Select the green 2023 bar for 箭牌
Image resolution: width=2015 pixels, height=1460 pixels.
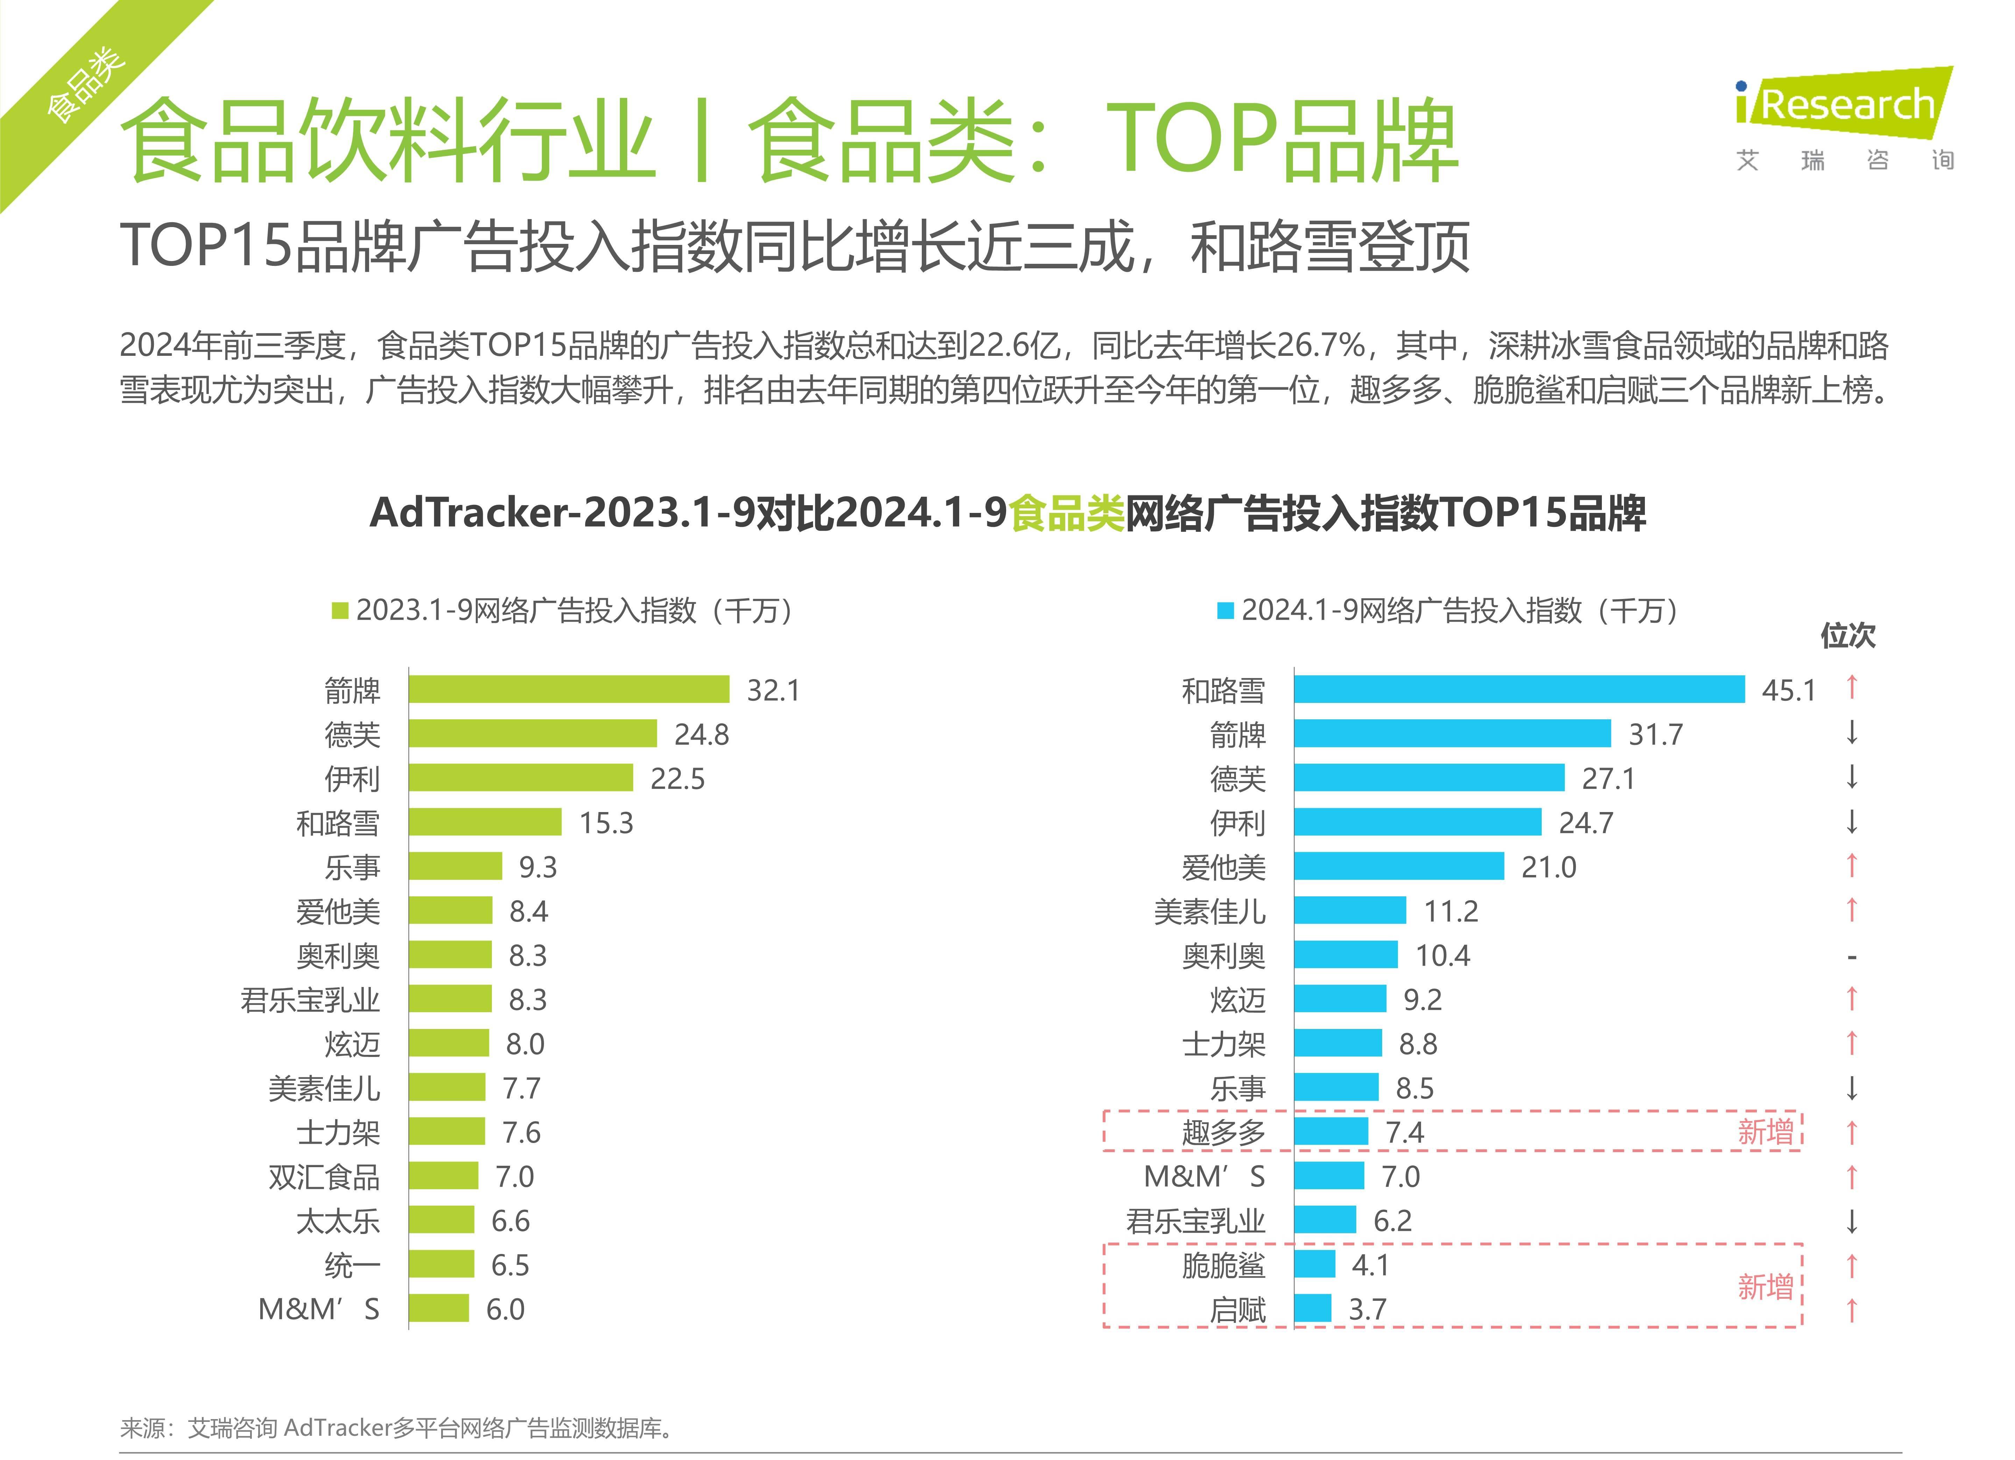click(x=568, y=690)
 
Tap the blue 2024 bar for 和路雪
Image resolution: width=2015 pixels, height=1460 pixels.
click(x=1519, y=690)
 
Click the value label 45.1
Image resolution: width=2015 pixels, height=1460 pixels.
click(x=1788, y=690)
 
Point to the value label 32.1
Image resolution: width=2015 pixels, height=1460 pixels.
click(x=773, y=690)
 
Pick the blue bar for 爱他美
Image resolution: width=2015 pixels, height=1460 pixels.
click(x=1399, y=866)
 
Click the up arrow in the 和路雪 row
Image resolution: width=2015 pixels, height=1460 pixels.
click(x=1852, y=687)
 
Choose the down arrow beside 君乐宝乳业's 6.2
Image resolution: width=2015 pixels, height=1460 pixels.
click(x=1852, y=1221)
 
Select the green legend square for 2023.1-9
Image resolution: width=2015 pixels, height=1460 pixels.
click(x=339, y=611)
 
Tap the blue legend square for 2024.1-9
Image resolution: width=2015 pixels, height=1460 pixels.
click(x=1225, y=611)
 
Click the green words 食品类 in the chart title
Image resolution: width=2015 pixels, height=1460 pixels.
click(x=1067, y=513)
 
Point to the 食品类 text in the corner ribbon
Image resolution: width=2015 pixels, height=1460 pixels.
click(x=84, y=84)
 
